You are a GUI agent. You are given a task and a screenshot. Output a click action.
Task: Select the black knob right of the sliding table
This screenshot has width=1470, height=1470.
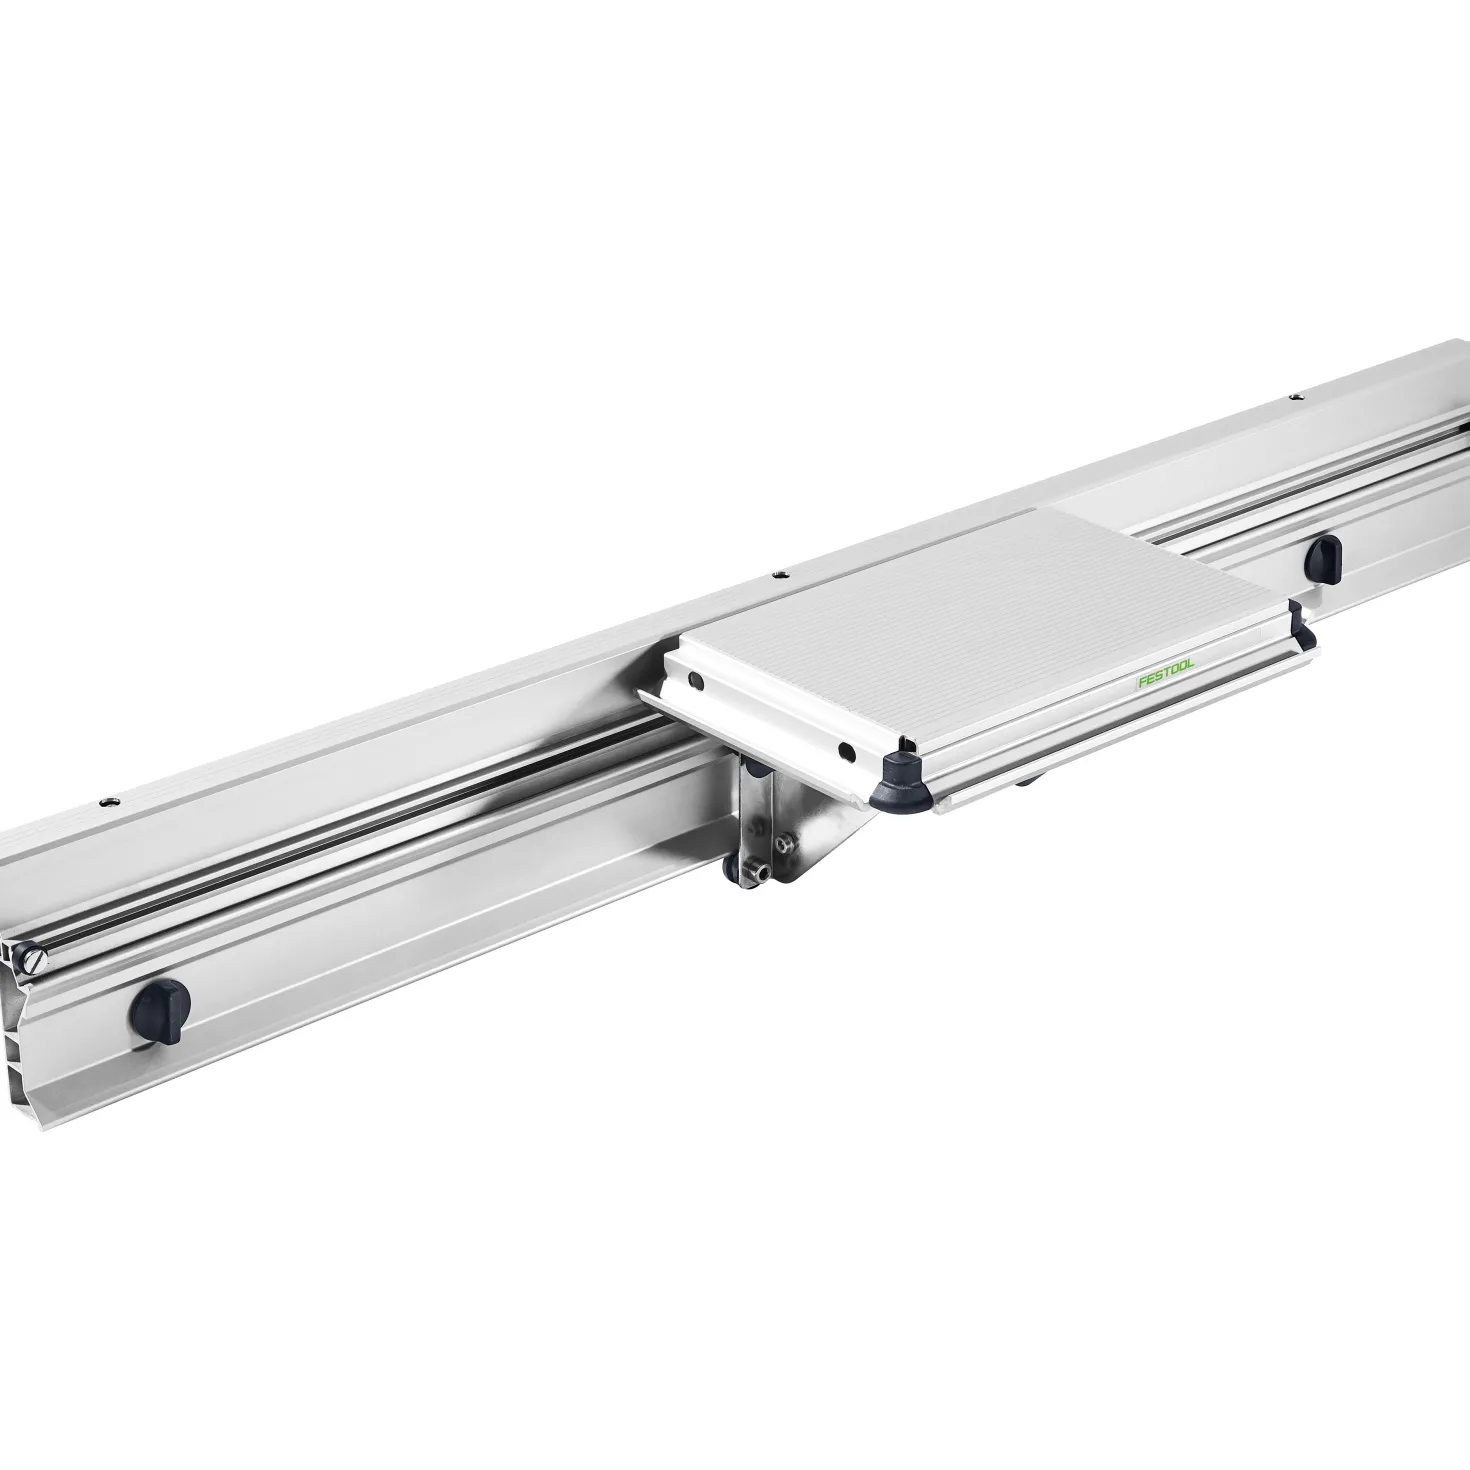(1323, 557)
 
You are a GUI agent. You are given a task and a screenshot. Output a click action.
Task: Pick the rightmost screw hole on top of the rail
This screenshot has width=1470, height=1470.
(1294, 398)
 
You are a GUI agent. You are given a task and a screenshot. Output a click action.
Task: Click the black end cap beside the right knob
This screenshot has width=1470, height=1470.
(1302, 619)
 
